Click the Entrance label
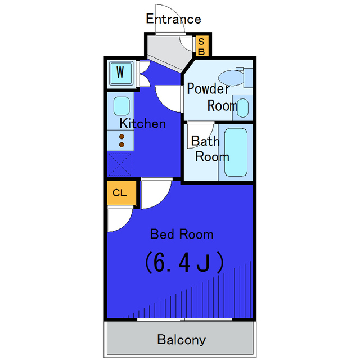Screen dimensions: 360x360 pyautogui.click(x=174, y=19)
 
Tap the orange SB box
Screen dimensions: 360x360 pyautogui.click(x=202, y=46)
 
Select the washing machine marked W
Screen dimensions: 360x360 pyautogui.click(x=121, y=73)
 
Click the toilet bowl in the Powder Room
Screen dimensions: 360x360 pyautogui.click(x=231, y=78)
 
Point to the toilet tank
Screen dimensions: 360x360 pyautogui.click(x=248, y=78)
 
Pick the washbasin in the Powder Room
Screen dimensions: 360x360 pyautogui.click(x=242, y=107)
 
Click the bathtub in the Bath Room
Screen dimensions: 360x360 pyautogui.click(x=236, y=152)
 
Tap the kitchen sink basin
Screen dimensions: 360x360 pyautogui.click(x=121, y=106)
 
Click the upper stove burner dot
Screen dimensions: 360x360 pyautogui.click(x=121, y=137)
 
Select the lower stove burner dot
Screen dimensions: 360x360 pyautogui.click(x=121, y=145)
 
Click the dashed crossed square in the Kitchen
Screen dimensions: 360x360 pyautogui.click(x=120, y=164)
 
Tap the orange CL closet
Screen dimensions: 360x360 pyautogui.click(x=121, y=192)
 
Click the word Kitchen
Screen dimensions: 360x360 pyautogui.click(x=142, y=124)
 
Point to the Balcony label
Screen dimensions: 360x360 pyautogui.click(x=181, y=340)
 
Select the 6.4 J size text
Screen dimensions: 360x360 pyautogui.click(x=184, y=263)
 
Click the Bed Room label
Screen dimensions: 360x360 pyautogui.click(x=182, y=234)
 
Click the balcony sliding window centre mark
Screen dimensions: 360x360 pyautogui.click(x=185, y=319)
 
